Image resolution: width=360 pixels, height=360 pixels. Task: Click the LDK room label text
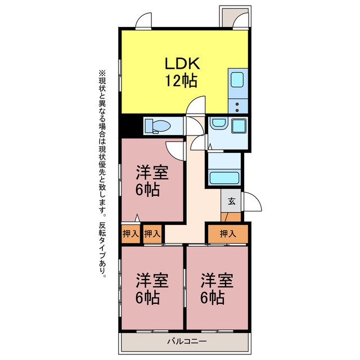pyautogui.click(x=182, y=64)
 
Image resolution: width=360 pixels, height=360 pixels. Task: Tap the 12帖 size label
pyautogui.click(x=181, y=81)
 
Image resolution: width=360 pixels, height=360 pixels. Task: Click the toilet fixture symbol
pyautogui.click(x=157, y=126)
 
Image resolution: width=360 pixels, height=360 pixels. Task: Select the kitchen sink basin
pyautogui.click(x=237, y=80)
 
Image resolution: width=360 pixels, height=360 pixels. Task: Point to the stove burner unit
pyautogui.click(x=238, y=106)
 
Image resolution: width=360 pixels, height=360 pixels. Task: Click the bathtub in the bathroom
pyautogui.click(x=224, y=178)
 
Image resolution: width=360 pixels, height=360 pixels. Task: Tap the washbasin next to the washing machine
pyautogui.click(x=219, y=123)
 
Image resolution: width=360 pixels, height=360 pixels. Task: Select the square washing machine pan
pyautogui.click(x=238, y=125)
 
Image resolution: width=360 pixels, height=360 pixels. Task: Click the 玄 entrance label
pyautogui.click(x=232, y=201)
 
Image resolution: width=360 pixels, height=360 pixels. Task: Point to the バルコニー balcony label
pyautogui.click(x=187, y=341)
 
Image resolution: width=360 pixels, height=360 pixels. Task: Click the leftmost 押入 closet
pyautogui.click(x=130, y=234)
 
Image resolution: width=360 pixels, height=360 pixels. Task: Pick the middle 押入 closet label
pyautogui.click(x=152, y=234)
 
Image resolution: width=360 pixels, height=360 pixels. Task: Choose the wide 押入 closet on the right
pyautogui.click(x=228, y=234)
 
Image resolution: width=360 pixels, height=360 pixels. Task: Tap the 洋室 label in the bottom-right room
pyautogui.click(x=217, y=281)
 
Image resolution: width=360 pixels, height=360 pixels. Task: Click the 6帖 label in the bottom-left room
pyautogui.click(x=147, y=298)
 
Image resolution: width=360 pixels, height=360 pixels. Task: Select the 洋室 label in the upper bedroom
pyautogui.click(x=152, y=173)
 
